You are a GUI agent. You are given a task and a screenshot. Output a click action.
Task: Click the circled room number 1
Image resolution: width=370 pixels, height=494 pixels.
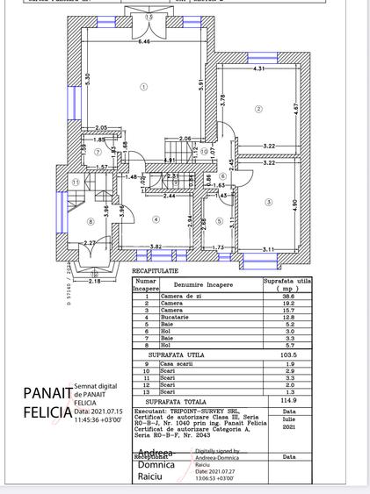(x=142, y=86)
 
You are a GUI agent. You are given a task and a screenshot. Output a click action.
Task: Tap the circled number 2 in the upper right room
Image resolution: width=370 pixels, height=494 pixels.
(x=258, y=109)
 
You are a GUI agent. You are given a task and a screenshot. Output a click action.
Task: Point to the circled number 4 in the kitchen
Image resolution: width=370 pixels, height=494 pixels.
(x=156, y=219)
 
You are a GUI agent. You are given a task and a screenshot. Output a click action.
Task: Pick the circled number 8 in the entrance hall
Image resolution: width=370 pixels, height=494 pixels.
(x=91, y=221)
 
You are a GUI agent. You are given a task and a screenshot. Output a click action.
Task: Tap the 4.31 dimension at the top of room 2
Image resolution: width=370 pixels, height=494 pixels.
(x=259, y=68)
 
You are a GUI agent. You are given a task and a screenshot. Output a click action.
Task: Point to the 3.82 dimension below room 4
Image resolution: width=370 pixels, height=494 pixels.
(x=155, y=247)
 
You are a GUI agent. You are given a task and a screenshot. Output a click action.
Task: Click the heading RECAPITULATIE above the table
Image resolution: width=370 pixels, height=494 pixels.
(x=155, y=273)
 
